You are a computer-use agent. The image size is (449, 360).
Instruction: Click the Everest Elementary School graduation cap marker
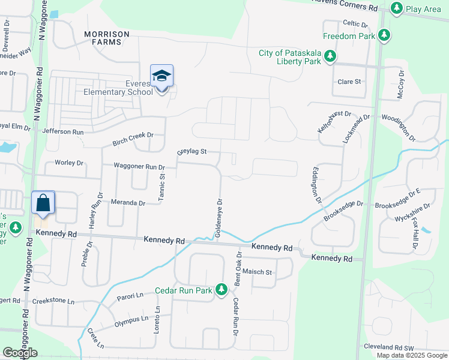(161, 76)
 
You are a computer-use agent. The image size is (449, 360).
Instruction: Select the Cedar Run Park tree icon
(222, 290)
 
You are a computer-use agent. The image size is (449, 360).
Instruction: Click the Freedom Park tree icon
(384, 35)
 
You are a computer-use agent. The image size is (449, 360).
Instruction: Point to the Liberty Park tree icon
(330, 56)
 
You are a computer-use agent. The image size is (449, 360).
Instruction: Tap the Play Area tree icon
(396, 8)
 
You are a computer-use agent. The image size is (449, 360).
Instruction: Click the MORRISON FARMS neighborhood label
(103, 38)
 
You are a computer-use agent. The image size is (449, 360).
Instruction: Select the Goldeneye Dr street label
(219, 218)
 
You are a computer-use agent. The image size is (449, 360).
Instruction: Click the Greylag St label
(191, 151)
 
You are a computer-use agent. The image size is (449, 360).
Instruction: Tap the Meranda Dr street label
(128, 203)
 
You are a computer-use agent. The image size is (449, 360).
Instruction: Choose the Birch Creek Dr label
(133, 139)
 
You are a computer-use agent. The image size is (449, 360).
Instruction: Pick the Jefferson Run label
(63, 131)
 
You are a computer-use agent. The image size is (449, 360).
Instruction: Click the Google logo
(20, 353)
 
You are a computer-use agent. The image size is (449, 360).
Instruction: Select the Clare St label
(349, 82)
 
